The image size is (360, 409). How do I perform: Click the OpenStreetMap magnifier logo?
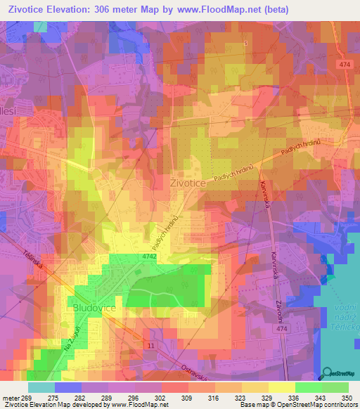pos(326,374)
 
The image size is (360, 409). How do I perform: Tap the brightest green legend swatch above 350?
pos(335,387)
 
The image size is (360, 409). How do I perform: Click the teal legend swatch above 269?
pos(41,387)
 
